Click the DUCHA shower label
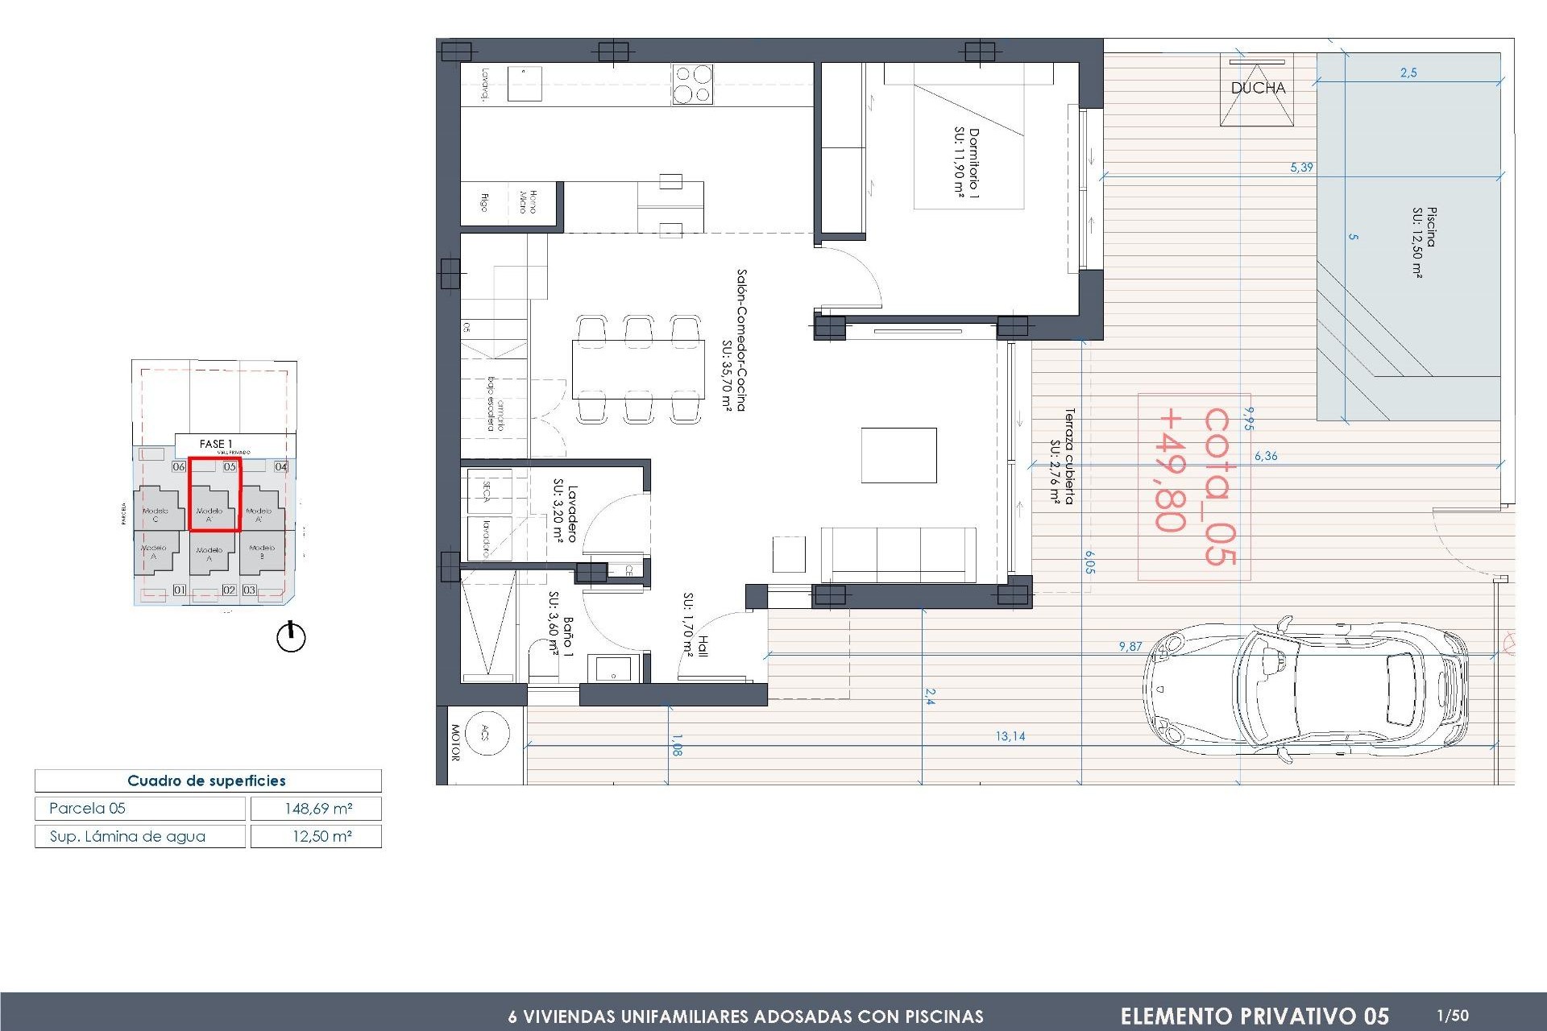point(1257,89)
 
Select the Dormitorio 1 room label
point(966,163)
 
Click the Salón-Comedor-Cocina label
point(734,340)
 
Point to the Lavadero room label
point(565,513)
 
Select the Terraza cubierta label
point(1062,457)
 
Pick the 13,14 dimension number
point(1010,736)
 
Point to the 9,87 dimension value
point(1130,646)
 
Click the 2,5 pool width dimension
point(1408,72)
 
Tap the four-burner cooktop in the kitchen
point(692,85)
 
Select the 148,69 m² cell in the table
point(317,809)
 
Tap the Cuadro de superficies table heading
point(207,780)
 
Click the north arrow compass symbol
point(291,637)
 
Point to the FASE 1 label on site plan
point(215,444)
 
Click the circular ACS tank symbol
point(486,732)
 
